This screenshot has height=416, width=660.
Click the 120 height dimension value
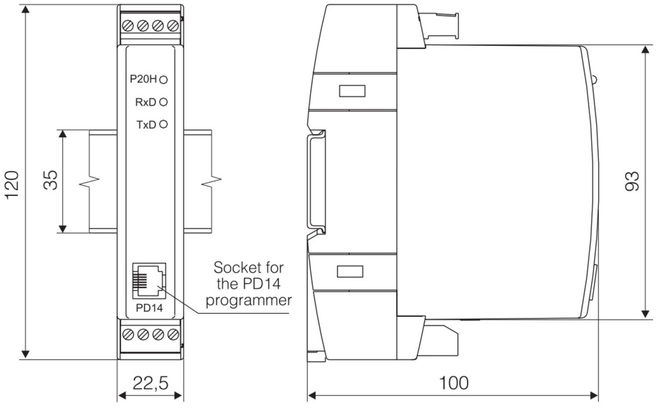[11, 184]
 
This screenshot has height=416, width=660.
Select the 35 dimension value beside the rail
[51, 180]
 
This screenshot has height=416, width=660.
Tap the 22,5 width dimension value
[150, 383]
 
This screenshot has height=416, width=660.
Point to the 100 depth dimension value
[454, 383]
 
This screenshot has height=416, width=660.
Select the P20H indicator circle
[163, 80]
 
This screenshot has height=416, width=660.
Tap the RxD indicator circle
[163, 102]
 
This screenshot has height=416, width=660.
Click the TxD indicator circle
[163, 124]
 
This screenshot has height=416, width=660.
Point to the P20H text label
[143, 79]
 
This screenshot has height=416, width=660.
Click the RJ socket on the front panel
[149, 280]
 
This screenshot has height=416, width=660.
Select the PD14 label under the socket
[149, 308]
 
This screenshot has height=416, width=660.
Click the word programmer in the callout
[249, 300]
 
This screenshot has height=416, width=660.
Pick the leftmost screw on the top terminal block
[128, 26]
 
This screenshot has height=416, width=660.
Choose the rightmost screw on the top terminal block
[173, 26]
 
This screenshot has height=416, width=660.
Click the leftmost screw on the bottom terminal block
[128, 335]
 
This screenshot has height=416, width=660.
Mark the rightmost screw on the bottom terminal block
[173, 335]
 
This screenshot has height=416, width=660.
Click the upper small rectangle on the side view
[352, 91]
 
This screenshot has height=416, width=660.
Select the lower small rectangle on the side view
[350, 271]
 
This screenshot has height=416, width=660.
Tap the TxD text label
[146, 125]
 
